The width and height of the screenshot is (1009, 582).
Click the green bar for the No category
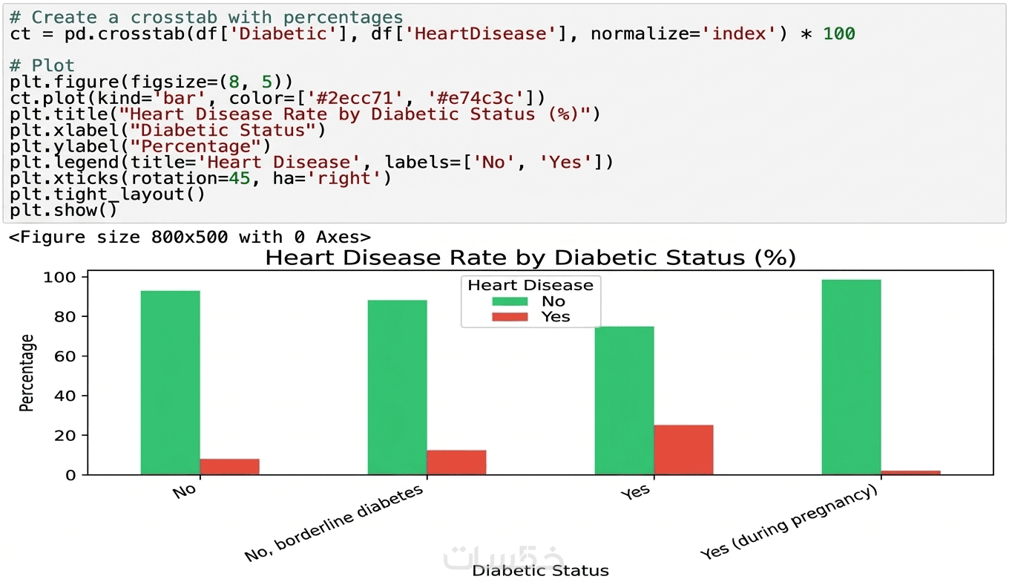[170, 382]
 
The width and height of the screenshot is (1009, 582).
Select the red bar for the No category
[229, 467]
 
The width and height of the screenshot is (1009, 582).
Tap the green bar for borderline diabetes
[397, 387]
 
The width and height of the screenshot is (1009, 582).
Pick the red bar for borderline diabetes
[456, 462]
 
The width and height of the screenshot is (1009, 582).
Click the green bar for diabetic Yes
[624, 400]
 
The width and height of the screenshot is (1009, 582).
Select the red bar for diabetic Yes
[683, 450]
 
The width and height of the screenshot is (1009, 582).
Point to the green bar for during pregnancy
[851, 376]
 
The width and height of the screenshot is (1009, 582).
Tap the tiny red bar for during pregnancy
[910, 472]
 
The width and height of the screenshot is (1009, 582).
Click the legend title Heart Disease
[530, 285]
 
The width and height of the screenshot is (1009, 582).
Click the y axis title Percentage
[27, 373]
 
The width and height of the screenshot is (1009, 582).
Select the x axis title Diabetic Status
[540, 571]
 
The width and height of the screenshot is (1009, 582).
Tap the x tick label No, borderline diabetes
[335, 523]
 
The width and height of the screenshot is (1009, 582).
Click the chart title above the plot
[530, 258]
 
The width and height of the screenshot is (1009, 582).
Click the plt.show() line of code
[64, 211]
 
